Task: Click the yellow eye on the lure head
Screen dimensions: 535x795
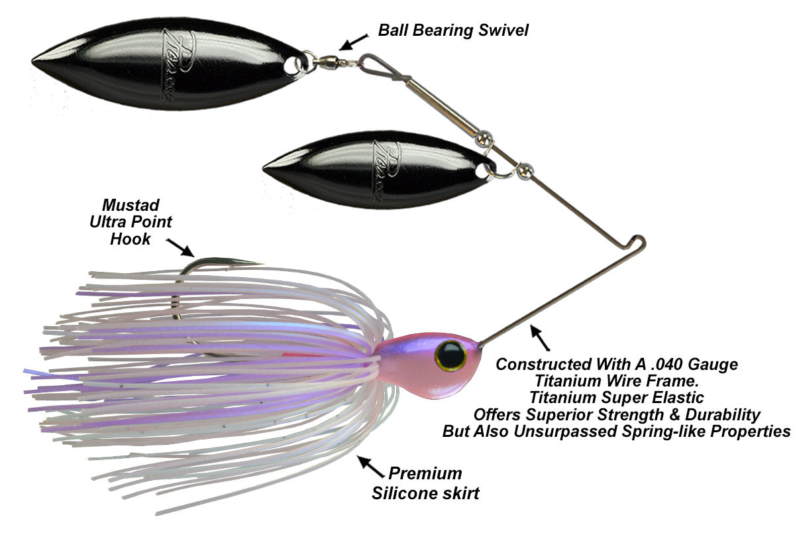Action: [450, 355]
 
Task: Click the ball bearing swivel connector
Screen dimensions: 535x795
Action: [328, 63]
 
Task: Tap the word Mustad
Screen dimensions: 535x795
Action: [131, 206]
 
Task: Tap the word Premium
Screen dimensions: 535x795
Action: [425, 473]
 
